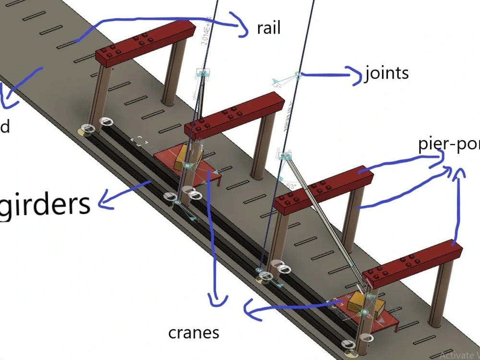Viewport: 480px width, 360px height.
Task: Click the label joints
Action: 386,73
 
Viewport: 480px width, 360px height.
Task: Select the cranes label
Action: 193,333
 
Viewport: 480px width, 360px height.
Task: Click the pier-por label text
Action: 448,144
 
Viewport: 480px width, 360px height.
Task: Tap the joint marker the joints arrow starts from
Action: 298,75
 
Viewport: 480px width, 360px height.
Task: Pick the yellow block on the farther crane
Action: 181,158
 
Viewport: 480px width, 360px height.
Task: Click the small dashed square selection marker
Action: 140,141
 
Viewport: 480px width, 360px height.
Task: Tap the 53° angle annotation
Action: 291,186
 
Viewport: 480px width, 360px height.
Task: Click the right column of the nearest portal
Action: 441,293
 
